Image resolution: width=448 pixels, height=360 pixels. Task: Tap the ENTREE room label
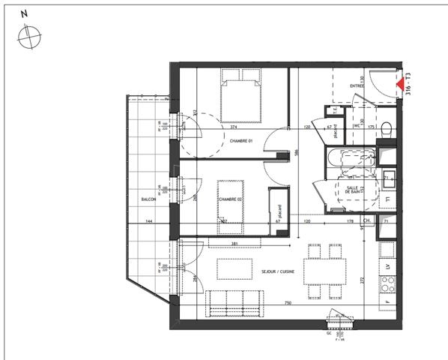point(357,86)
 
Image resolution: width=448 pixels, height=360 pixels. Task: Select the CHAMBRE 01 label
point(241,142)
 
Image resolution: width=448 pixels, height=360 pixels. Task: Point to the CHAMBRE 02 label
point(231,199)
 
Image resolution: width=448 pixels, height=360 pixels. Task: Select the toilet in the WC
point(385,128)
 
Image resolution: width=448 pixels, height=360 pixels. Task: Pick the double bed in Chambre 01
point(241,95)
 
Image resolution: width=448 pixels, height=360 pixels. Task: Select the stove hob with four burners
point(388,283)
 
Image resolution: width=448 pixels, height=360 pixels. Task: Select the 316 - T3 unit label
point(410,88)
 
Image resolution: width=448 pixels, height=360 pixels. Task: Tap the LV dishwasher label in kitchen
point(387,265)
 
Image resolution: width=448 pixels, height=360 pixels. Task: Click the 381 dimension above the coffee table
point(234,243)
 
